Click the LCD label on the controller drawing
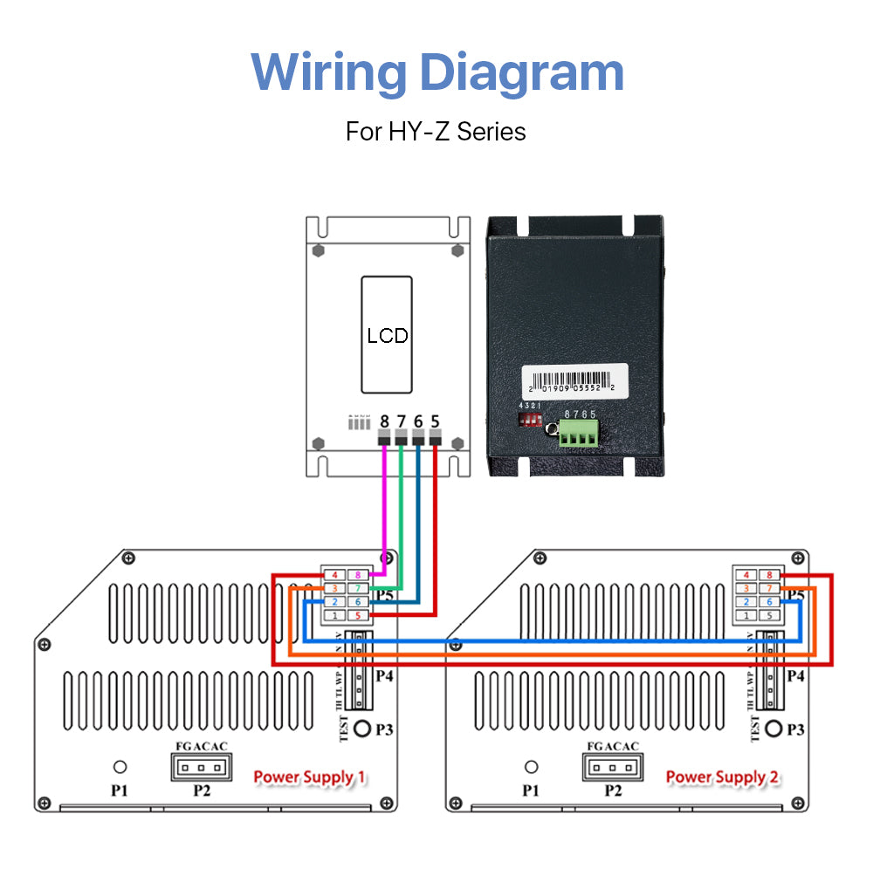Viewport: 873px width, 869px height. point(387,336)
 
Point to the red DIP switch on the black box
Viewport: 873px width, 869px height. point(530,421)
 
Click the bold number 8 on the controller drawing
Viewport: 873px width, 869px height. point(384,421)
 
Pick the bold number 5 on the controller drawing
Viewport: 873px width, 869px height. point(435,421)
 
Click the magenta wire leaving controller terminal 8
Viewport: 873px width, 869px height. point(384,506)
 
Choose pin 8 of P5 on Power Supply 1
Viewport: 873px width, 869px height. point(358,576)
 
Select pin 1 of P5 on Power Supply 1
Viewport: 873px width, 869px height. point(334,616)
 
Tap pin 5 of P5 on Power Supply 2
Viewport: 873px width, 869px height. point(769,615)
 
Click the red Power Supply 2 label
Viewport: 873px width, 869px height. point(721,777)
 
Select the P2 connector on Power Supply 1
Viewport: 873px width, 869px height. point(202,768)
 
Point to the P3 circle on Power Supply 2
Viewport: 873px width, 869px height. point(773,729)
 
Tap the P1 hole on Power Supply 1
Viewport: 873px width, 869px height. point(120,767)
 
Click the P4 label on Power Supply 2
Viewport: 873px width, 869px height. point(794,676)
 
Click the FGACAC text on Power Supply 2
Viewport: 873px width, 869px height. point(613,746)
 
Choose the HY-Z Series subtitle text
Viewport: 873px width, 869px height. point(436,132)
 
